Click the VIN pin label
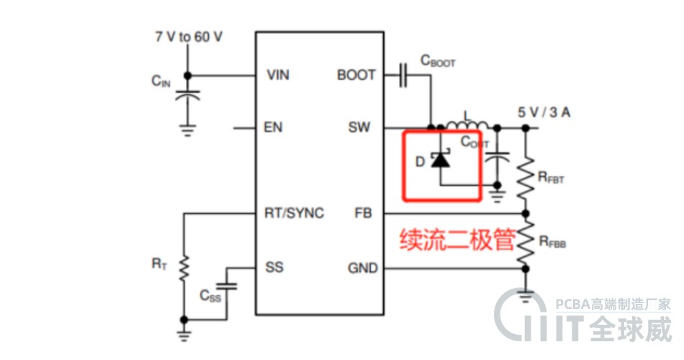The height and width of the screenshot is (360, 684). [x=278, y=75]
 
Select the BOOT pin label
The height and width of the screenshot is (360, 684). [x=356, y=75]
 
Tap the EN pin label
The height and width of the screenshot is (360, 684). [x=274, y=128]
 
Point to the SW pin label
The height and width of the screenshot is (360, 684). [x=359, y=128]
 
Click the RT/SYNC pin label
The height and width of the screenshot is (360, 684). [x=294, y=213]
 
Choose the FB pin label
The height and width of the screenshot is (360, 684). [x=363, y=213]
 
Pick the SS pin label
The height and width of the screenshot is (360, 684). [x=274, y=268]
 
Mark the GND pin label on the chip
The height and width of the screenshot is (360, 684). [x=363, y=268]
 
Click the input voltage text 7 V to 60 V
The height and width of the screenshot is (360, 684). [x=189, y=36]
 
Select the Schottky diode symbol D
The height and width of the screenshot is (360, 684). [x=439, y=160]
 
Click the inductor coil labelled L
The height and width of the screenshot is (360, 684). [x=467, y=125]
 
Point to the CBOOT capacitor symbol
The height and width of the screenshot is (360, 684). [x=403, y=75]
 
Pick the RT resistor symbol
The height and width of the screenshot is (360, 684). [x=184, y=268]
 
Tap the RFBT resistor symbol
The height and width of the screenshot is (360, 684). [x=526, y=175]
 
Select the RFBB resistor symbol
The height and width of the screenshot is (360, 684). [x=526, y=240]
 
